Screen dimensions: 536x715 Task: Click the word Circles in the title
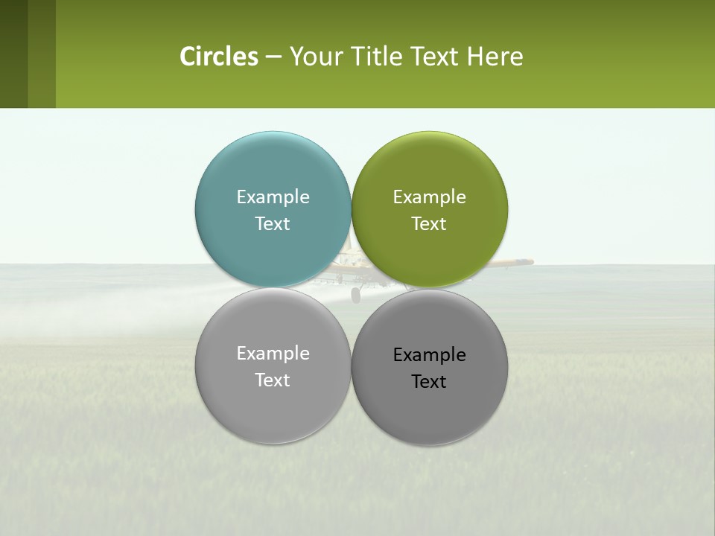click(218, 57)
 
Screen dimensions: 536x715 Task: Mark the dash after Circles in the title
click(273, 57)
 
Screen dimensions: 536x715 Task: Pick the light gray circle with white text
click(273, 402)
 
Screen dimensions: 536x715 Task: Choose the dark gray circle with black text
click(429, 406)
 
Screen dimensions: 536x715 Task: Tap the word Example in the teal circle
click(273, 197)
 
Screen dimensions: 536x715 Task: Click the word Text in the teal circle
click(273, 223)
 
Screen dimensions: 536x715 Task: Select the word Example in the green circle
click(429, 197)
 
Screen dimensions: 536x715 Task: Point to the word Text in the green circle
click(429, 223)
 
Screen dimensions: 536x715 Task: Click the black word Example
click(429, 354)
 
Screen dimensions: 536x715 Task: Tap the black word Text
click(429, 381)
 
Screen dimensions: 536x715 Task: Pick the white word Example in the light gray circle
click(273, 353)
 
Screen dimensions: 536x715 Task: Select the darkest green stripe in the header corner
click(13, 54)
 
